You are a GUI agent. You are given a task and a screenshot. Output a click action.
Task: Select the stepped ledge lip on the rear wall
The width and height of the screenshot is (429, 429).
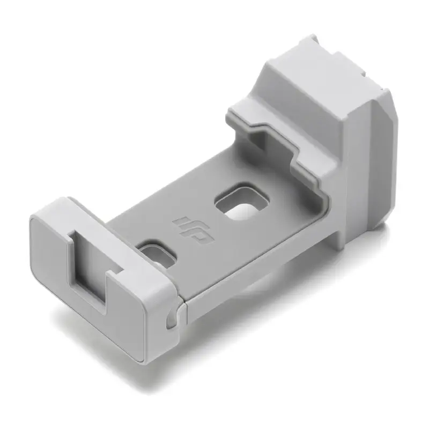click(268, 129)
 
